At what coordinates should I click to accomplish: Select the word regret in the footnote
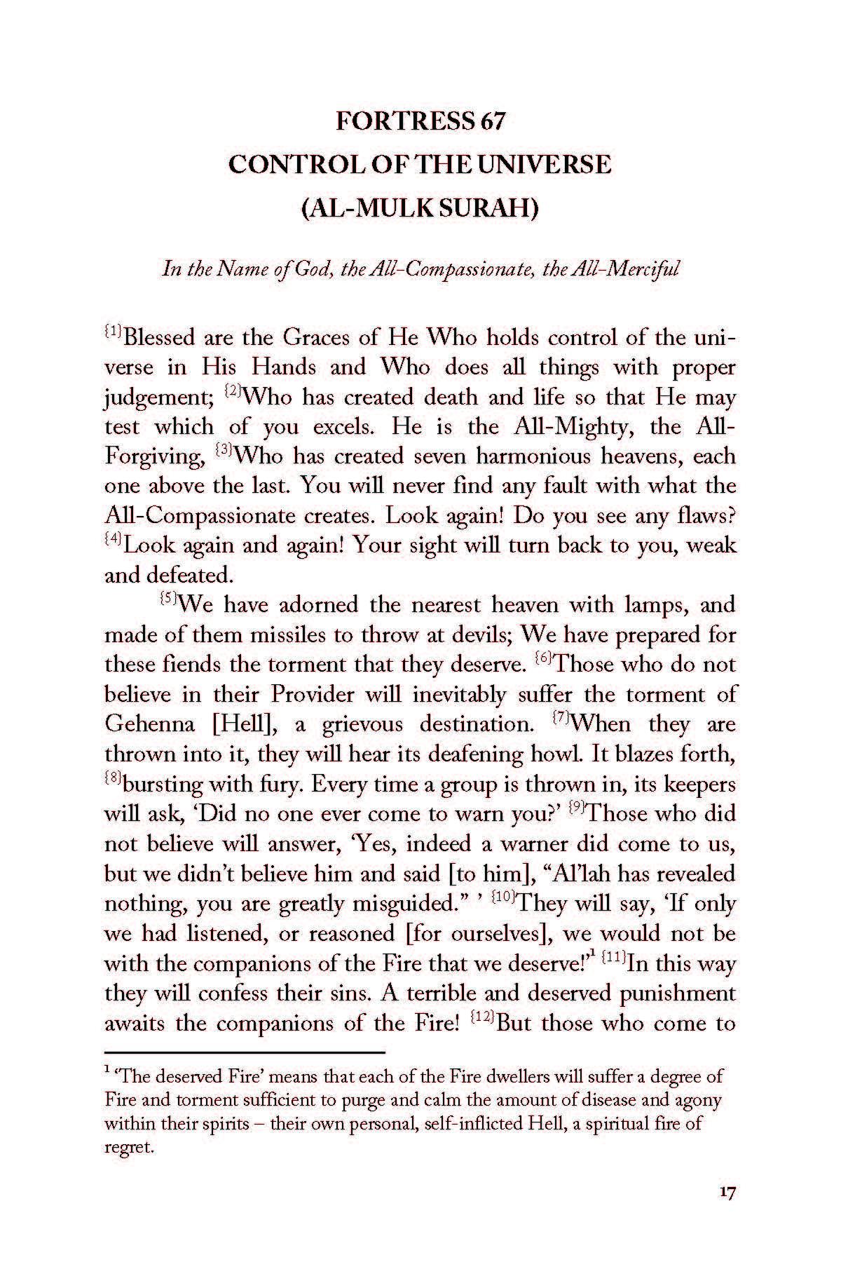pos(128,1149)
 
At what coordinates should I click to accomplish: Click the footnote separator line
pos(245,1052)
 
